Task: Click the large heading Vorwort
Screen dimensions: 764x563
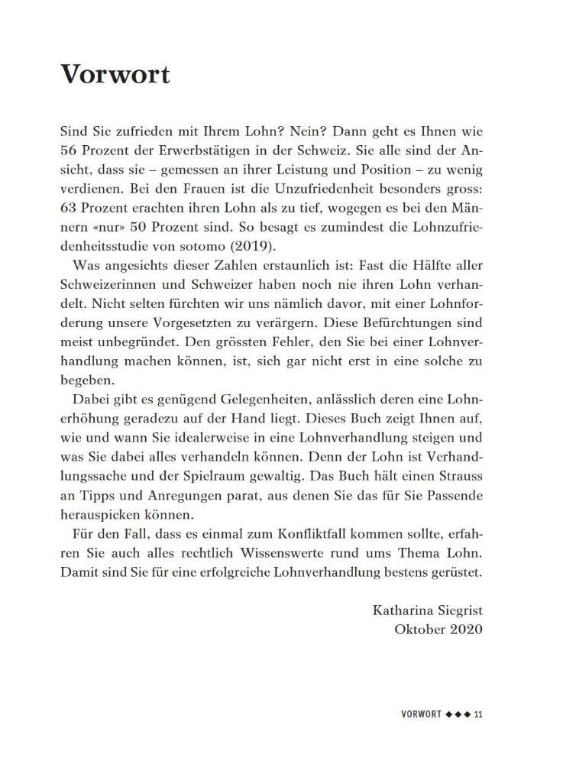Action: [x=115, y=74]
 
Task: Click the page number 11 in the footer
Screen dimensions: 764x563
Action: [x=478, y=714]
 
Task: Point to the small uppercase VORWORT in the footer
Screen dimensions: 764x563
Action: [x=422, y=714]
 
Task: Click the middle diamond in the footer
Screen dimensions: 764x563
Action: [x=458, y=714]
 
